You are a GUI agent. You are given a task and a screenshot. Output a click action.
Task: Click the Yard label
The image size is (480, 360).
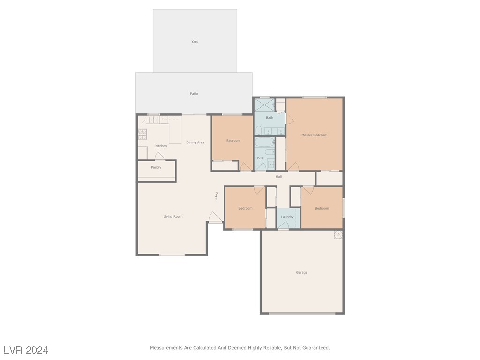[x=195, y=42]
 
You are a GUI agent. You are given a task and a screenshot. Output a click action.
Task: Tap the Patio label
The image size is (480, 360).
[x=194, y=94]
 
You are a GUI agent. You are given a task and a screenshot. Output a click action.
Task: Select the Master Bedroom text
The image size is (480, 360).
[x=314, y=135]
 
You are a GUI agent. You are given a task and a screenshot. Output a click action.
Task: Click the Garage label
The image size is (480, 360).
[x=301, y=272]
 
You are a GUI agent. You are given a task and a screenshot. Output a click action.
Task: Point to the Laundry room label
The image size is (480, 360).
[x=287, y=217]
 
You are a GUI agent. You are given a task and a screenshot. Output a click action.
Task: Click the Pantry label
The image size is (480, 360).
[x=156, y=167]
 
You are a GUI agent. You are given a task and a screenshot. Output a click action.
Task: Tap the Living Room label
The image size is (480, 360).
[x=173, y=217]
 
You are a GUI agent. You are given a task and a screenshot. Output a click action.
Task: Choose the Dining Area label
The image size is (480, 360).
[x=195, y=142]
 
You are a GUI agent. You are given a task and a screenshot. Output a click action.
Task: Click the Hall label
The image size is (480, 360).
[x=278, y=177]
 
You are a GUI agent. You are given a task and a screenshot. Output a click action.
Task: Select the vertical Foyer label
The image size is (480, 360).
[x=217, y=196]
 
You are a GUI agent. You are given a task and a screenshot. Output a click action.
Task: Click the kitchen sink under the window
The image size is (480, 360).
[x=153, y=120]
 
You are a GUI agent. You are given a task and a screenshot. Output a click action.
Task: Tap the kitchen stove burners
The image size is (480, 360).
[x=142, y=135]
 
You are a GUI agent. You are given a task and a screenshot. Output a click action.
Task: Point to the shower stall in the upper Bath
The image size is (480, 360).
[x=264, y=105]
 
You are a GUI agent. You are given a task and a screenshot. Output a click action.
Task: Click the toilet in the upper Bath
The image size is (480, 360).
[x=259, y=130]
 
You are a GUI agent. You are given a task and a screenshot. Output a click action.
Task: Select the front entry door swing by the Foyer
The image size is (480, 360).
[x=215, y=217]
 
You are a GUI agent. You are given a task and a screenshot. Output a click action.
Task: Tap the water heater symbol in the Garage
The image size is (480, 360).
[x=338, y=234]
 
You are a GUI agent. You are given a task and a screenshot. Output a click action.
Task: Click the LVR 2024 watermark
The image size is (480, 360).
[x=26, y=350]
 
